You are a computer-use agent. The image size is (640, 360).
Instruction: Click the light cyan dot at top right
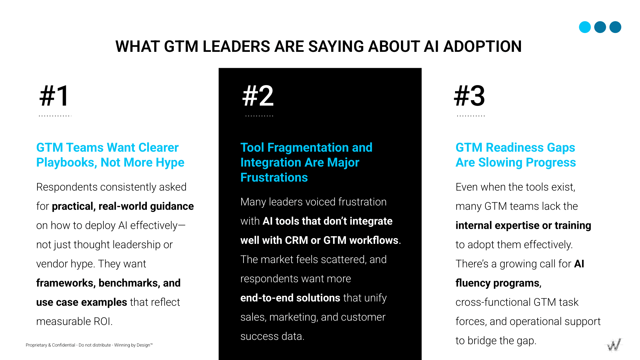(x=585, y=27)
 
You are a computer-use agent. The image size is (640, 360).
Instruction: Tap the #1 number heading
(x=54, y=96)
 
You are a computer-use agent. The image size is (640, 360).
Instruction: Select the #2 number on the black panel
(x=258, y=96)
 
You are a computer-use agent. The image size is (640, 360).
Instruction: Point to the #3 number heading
(x=469, y=96)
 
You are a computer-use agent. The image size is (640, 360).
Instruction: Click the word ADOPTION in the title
(x=483, y=46)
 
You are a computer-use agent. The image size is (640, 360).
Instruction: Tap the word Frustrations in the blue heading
(x=274, y=178)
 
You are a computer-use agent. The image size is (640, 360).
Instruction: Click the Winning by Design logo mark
(x=614, y=345)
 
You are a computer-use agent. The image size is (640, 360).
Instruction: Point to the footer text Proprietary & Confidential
(x=51, y=345)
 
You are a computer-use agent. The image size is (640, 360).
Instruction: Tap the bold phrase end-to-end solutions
(x=290, y=298)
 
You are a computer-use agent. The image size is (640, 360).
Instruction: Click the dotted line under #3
(x=471, y=116)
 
